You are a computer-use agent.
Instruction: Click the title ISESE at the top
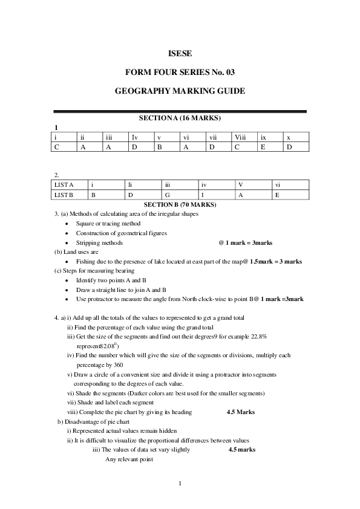180,54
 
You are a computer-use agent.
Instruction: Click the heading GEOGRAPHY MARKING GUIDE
180,91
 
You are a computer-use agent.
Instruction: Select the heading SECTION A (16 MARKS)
180,117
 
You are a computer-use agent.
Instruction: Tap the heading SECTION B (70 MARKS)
180,205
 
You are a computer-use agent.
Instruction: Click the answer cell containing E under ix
263,146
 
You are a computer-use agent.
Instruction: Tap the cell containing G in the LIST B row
167,195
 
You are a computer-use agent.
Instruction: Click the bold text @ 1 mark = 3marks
245,242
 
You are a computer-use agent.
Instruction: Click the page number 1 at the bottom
180,483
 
